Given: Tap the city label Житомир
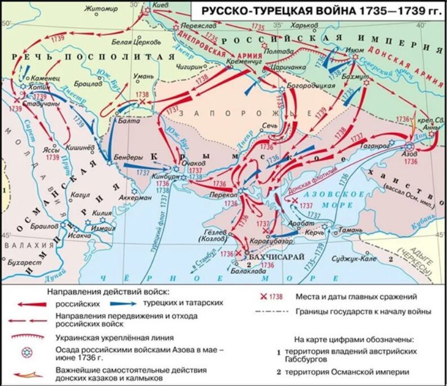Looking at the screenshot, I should [x=99, y=9].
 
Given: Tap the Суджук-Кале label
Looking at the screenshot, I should [x=359, y=259].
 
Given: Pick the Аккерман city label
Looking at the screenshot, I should [x=136, y=198].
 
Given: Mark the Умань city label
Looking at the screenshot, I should [x=142, y=76].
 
